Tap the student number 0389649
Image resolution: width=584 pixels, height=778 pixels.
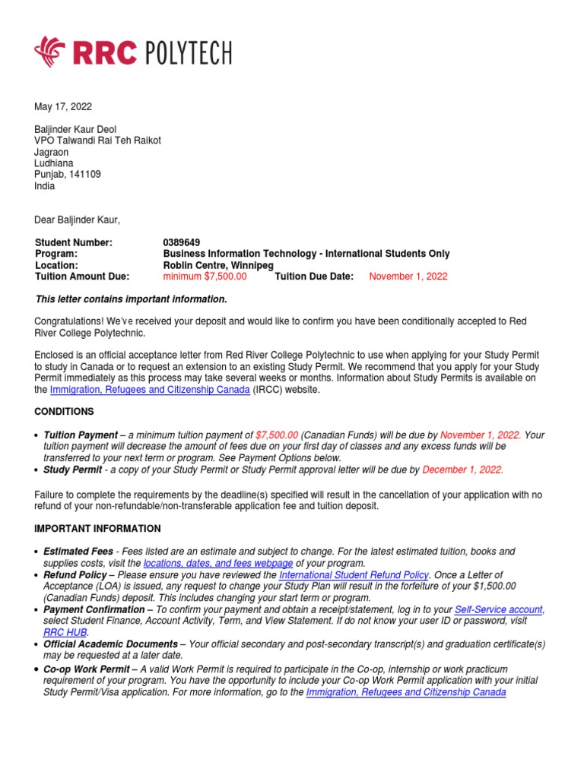(x=182, y=242)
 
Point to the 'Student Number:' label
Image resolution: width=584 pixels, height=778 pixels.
(x=74, y=242)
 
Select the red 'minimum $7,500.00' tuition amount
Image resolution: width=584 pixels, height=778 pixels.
(x=205, y=277)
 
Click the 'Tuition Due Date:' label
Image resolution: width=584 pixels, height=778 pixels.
(x=314, y=277)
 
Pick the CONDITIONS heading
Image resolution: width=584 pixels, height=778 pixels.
(x=65, y=411)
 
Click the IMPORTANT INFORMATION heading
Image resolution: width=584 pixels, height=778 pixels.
(x=98, y=528)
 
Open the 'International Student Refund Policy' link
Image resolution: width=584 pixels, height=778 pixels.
(x=354, y=575)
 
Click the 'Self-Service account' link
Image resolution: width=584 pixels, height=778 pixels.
(x=498, y=609)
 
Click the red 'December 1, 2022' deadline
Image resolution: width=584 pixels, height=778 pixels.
(x=462, y=470)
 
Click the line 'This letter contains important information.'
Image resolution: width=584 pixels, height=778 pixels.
(x=132, y=299)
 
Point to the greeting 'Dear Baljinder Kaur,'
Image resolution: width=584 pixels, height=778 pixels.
(x=78, y=220)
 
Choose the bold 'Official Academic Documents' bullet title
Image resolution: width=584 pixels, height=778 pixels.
(x=110, y=644)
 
